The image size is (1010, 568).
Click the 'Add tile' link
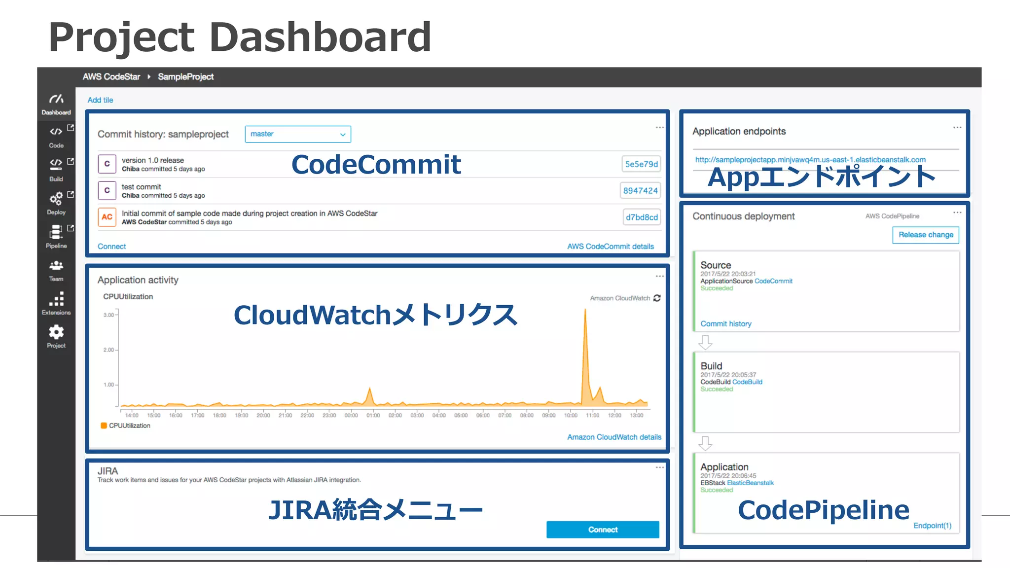tap(100, 100)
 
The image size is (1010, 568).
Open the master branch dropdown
tap(298, 134)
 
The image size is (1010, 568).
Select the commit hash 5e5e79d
tap(641, 164)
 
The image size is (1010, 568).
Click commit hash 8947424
tap(640, 191)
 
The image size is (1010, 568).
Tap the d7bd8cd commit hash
tap(642, 217)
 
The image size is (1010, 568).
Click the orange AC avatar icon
tap(107, 217)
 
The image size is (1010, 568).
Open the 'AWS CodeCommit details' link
tap(610, 247)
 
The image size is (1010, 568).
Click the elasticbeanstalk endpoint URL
tap(810, 160)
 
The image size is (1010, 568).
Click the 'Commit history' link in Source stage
tap(725, 324)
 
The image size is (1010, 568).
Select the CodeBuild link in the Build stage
tap(747, 382)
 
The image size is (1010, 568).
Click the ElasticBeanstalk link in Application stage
tap(750, 483)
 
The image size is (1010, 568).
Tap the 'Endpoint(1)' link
tap(932, 526)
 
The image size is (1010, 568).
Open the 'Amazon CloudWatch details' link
tap(614, 437)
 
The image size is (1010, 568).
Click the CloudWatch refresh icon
tap(657, 298)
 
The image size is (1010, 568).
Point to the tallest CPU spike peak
tap(585, 310)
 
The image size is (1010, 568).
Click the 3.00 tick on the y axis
tap(108, 315)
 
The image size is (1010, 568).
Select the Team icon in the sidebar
tap(56, 266)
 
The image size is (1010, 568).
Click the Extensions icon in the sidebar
tap(56, 299)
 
